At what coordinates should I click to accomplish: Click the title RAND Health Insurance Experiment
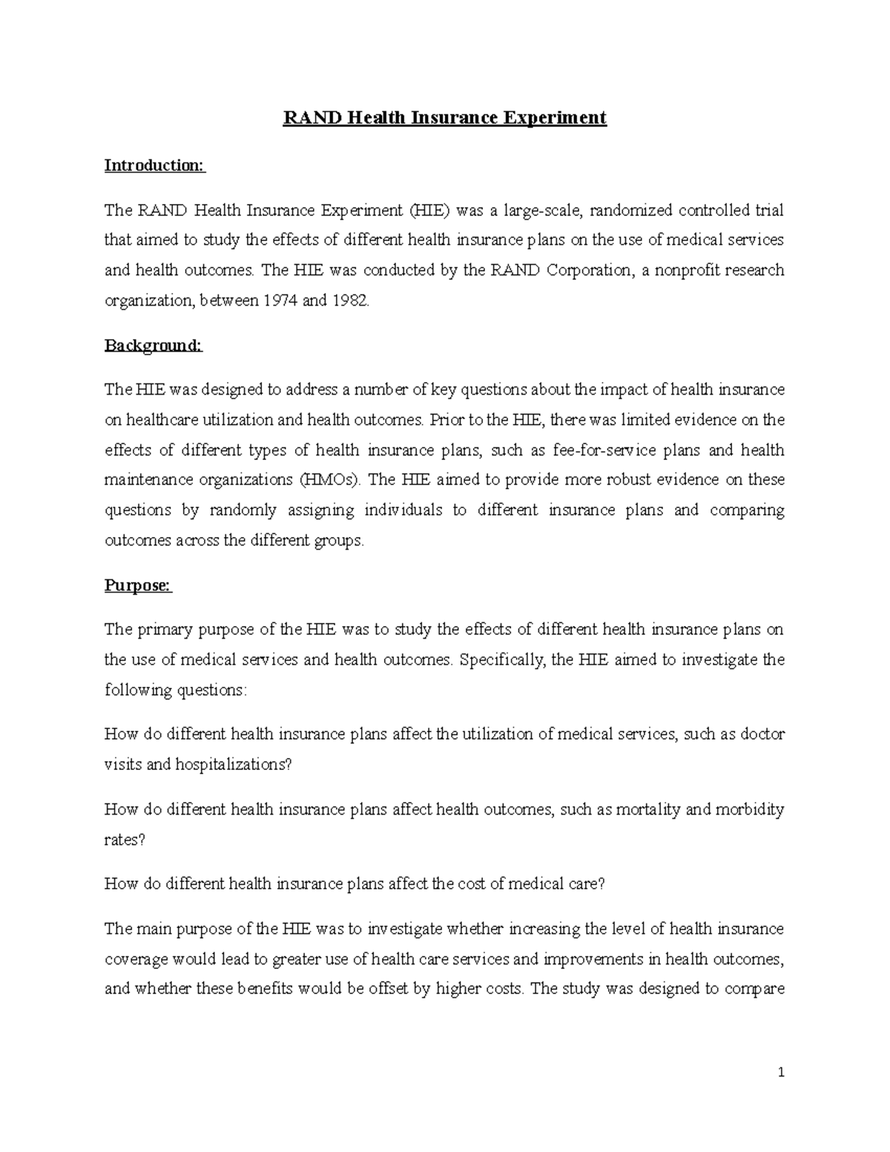click(444, 118)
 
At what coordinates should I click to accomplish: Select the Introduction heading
click(154, 165)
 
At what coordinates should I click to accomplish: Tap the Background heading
click(153, 346)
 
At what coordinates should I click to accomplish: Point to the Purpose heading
click(138, 585)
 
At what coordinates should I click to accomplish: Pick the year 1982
click(349, 300)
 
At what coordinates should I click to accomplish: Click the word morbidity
click(749, 810)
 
